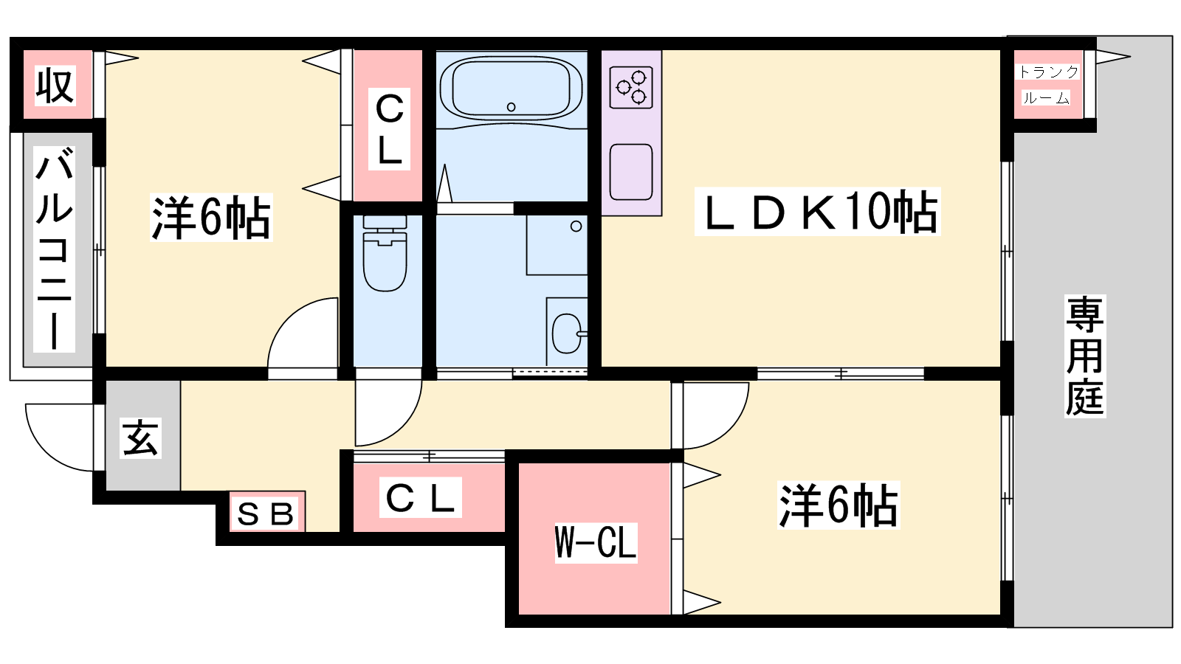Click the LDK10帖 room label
coord(818,212)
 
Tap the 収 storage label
coord(55,86)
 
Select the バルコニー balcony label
coord(54,249)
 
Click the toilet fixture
coord(385,253)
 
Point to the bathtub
coord(511,88)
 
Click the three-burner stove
coord(631,88)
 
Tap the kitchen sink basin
coord(631,172)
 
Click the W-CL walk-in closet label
coord(596,543)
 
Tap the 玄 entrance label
coord(140,438)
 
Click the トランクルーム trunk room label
coord(1047,85)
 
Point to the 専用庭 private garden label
coord(1084,356)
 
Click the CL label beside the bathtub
coord(389,130)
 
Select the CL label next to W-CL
coord(420,497)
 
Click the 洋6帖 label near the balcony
coord(211,217)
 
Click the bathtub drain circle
coord(511,107)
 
